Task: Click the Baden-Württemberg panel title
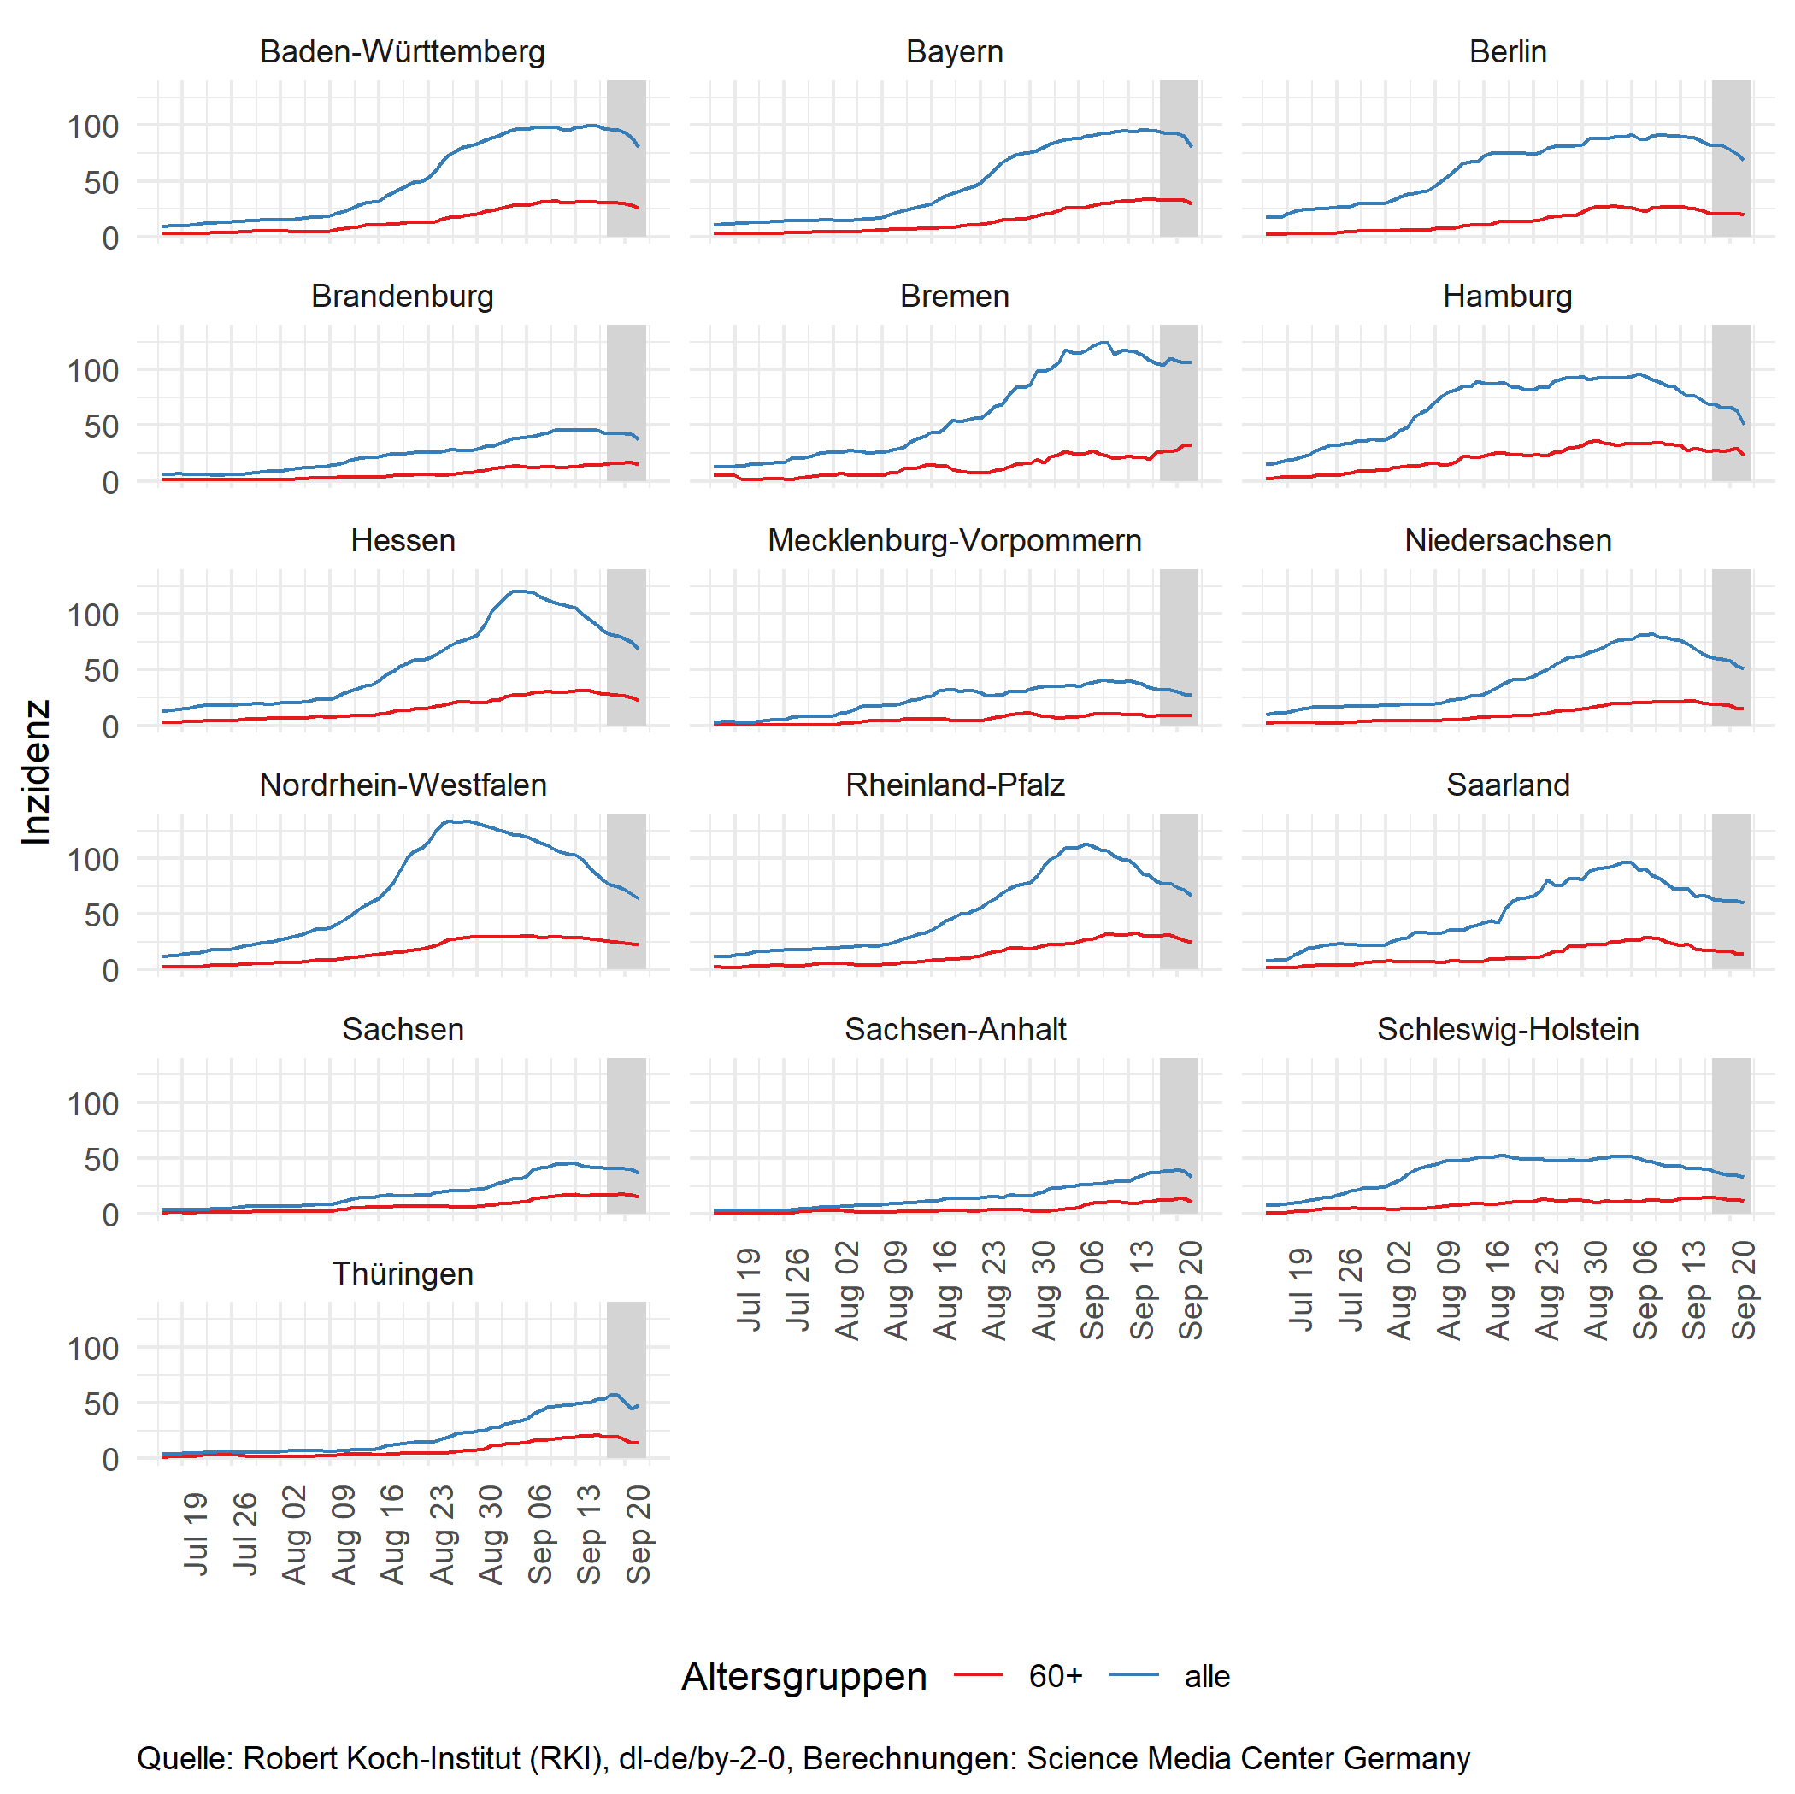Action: (403, 52)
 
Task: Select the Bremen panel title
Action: (954, 297)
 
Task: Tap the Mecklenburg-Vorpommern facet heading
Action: (954, 541)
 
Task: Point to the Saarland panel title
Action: (1507, 785)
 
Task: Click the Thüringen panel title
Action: (403, 1273)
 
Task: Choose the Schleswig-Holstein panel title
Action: (1507, 1029)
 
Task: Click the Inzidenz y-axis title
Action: (35, 772)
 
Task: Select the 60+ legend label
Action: (1056, 1676)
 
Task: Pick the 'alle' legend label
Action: (1207, 1676)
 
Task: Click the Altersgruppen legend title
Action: (803, 1676)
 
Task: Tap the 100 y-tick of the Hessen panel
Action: (93, 615)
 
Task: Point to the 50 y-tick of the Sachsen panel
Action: (101, 1160)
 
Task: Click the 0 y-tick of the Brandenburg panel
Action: (109, 482)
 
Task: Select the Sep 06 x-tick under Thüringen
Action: (540, 1535)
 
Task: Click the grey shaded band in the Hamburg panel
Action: (1731, 403)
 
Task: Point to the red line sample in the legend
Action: (979, 1675)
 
